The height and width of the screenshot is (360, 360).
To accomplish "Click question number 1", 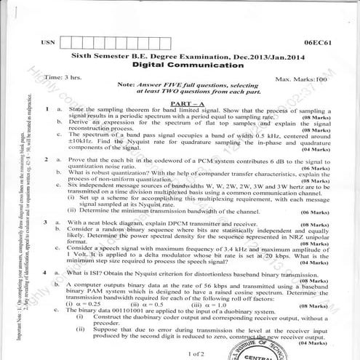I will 47,108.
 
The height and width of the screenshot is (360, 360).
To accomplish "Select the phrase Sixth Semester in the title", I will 97,55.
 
